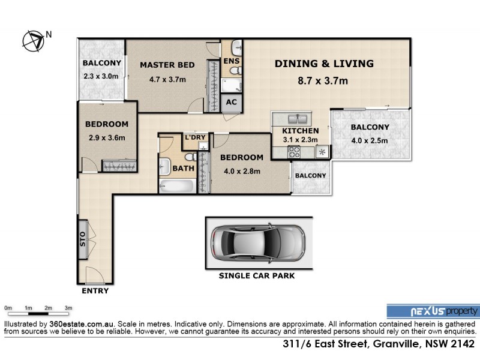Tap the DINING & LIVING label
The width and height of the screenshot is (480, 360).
[x=324, y=64]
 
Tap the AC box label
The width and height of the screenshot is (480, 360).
[x=232, y=102]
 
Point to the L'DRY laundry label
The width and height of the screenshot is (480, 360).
[x=195, y=138]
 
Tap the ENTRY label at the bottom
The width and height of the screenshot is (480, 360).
[x=94, y=291]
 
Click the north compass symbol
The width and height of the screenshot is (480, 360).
[x=34, y=40]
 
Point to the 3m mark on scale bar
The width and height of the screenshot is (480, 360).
[x=68, y=308]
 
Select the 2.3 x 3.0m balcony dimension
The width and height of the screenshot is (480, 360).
[x=101, y=76]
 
